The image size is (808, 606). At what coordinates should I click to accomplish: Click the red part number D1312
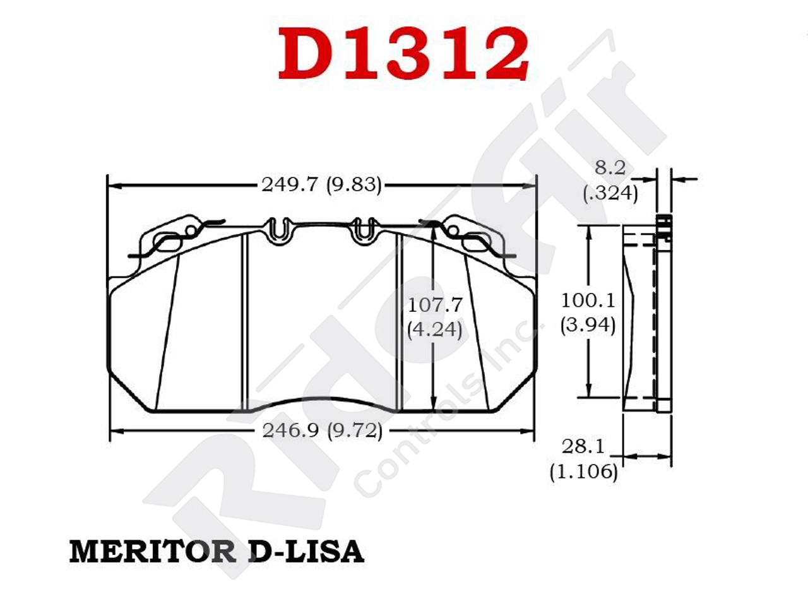pyautogui.click(x=403, y=54)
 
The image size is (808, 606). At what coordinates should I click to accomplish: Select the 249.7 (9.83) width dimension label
pyautogui.click(x=321, y=185)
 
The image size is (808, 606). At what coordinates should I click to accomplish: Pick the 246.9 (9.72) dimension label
pyautogui.click(x=322, y=431)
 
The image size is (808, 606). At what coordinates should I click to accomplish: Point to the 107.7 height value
pyautogui.click(x=435, y=305)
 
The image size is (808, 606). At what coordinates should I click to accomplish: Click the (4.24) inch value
pyautogui.click(x=434, y=329)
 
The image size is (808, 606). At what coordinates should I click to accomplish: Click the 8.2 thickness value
pyautogui.click(x=610, y=168)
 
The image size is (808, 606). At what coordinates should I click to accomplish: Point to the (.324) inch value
pyautogui.click(x=610, y=193)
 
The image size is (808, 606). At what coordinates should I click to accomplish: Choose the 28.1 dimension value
pyautogui.click(x=583, y=447)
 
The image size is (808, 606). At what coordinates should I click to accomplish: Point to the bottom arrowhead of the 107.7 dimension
pyautogui.click(x=433, y=407)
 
